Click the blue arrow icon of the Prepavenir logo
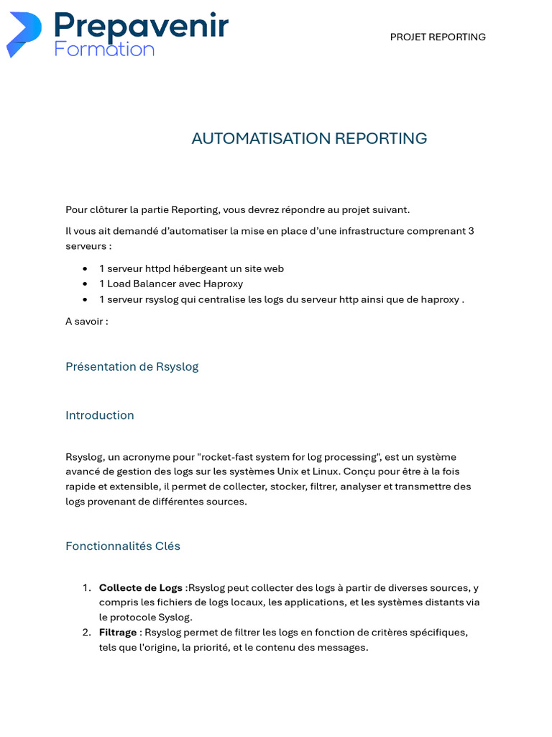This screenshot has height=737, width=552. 24,34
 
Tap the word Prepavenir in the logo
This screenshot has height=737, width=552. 141,26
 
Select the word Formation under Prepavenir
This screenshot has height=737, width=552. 104,50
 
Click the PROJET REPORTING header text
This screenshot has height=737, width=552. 438,37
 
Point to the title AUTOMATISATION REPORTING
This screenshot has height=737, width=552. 309,138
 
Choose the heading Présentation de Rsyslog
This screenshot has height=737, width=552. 132,366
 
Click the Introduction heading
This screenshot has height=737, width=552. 99,415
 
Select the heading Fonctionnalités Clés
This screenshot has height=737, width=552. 122,546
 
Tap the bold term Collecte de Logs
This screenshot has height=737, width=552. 140,588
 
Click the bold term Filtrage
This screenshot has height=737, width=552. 118,632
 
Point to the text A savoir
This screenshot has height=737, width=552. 86,321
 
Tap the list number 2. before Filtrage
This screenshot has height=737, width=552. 86,632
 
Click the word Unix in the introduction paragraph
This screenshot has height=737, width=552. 291,471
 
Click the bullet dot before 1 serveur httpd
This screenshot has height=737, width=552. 86,269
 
